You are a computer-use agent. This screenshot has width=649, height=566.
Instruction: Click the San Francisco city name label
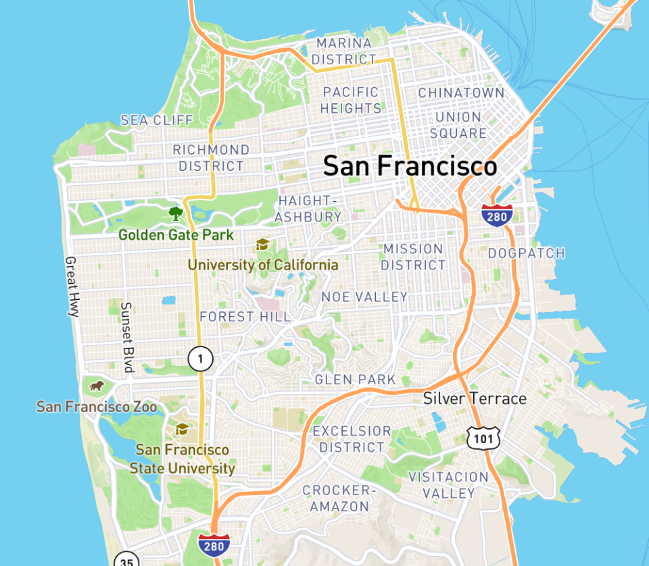click(x=410, y=166)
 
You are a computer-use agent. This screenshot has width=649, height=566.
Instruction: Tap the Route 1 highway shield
click(x=201, y=358)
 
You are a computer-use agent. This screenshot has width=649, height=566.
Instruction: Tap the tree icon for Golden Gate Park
click(x=176, y=214)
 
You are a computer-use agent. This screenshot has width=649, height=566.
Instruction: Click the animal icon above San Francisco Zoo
click(x=97, y=386)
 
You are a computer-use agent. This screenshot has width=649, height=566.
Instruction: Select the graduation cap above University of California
click(x=262, y=245)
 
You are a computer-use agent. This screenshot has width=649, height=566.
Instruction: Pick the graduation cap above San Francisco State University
click(x=182, y=429)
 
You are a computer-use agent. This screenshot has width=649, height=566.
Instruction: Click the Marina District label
click(x=344, y=51)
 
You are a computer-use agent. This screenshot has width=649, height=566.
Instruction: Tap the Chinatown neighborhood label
click(x=461, y=93)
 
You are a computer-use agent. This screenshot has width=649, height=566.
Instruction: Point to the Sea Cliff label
click(x=157, y=120)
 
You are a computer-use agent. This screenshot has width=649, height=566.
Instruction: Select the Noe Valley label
click(x=364, y=297)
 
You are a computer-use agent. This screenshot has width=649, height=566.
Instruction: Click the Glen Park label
click(x=355, y=380)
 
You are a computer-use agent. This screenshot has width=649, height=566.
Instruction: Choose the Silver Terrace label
click(x=475, y=398)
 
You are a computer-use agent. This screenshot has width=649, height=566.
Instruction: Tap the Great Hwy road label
click(x=72, y=286)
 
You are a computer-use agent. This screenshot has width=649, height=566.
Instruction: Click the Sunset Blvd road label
click(x=126, y=336)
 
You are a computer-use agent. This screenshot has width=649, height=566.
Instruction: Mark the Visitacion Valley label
click(x=448, y=485)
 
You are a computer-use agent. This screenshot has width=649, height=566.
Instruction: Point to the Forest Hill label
click(x=245, y=316)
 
